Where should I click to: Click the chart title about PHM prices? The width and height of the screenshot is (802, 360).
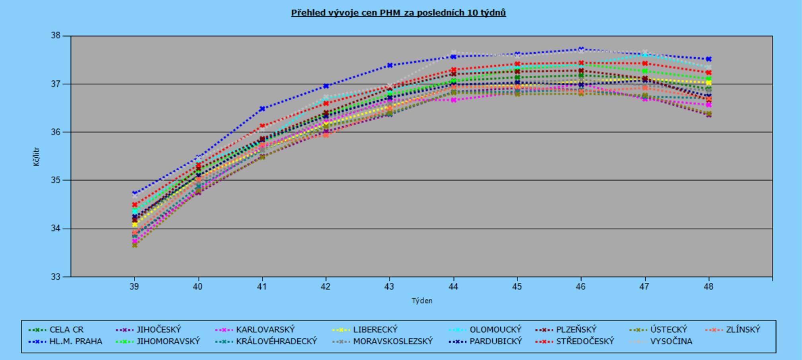click(x=398, y=13)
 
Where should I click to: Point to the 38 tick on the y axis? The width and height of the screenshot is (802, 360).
click(x=55, y=35)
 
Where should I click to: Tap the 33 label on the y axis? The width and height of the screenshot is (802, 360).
click(x=55, y=277)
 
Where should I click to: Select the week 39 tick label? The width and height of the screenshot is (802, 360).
click(x=134, y=287)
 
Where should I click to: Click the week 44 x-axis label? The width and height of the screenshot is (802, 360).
click(x=453, y=287)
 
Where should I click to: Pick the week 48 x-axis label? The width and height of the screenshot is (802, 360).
click(x=708, y=287)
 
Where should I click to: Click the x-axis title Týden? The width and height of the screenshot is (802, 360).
click(x=422, y=301)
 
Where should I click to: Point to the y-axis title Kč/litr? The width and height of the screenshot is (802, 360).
click(x=36, y=157)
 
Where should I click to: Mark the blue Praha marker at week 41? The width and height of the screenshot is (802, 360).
click(x=262, y=109)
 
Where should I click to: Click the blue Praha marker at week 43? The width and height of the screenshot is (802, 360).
click(x=390, y=65)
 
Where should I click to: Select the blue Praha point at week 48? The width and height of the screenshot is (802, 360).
click(x=708, y=59)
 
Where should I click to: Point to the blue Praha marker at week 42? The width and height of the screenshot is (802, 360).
click(x=326, y=86)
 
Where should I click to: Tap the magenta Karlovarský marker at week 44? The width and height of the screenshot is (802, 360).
click(x=453, y=100)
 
